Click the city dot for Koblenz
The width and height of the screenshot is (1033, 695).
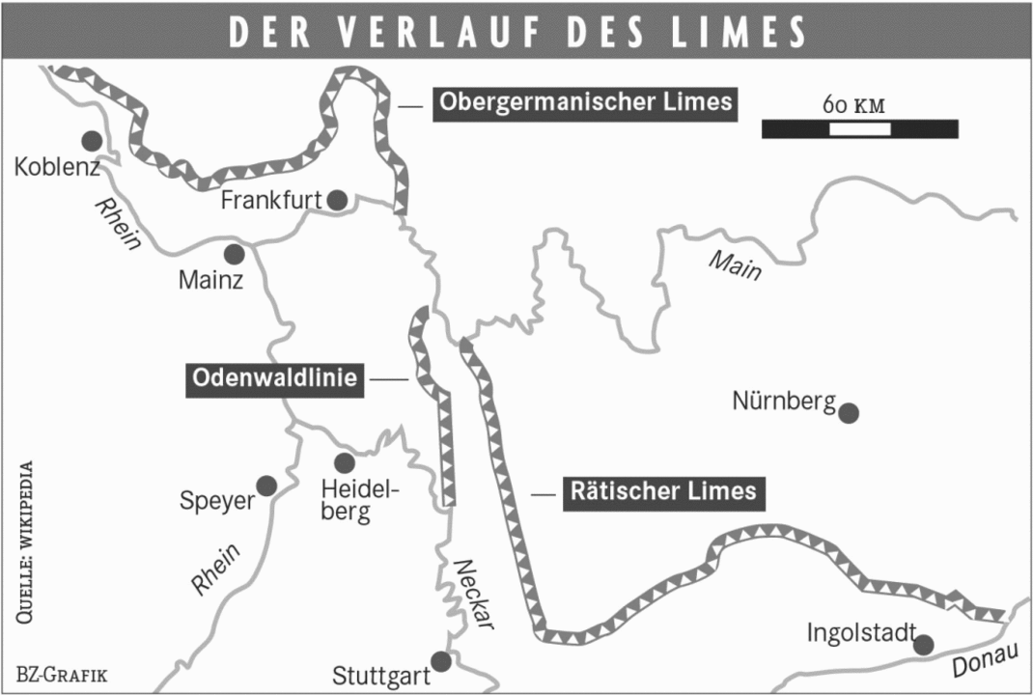click(92, 141)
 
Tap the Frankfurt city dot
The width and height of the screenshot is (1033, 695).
click(337, 200)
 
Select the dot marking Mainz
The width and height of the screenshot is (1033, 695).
click(234, 254)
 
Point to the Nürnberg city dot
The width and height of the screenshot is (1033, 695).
click(849, 413)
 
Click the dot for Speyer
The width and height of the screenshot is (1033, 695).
click(266, 485)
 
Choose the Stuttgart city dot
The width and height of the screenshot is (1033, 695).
click(441, 661)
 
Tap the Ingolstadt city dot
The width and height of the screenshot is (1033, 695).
click(924, 645)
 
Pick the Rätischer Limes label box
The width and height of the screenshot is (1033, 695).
click(663, 491)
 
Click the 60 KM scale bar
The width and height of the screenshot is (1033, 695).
click(859, 128)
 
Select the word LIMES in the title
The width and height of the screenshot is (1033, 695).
click(743, 32)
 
